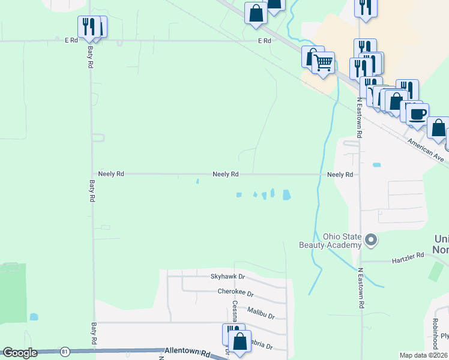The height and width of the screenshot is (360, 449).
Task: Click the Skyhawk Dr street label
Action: (228, 277)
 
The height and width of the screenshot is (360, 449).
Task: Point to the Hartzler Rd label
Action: (408, 255)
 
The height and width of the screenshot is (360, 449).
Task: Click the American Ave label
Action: (425, 150)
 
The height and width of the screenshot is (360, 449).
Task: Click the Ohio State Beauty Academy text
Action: (330, 240)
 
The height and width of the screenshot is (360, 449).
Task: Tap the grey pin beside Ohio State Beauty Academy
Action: (371, 241)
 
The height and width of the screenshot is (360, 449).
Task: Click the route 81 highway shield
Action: (64, 351)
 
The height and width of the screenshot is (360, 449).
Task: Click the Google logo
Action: (20, 353)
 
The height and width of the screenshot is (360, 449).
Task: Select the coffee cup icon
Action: (418, 113)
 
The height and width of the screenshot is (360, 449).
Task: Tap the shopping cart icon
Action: (324, 62)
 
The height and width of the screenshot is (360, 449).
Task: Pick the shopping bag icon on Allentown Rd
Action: (240, 342)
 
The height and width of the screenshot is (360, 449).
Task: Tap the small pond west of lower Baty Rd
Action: (34, 316)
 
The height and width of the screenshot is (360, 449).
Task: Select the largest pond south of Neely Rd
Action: (286, 195)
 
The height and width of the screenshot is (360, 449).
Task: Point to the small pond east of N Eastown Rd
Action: (376, 164)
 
